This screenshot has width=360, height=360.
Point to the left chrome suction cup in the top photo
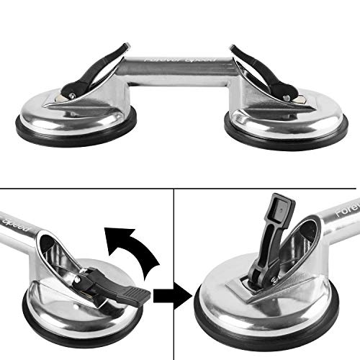pos(72,115)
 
